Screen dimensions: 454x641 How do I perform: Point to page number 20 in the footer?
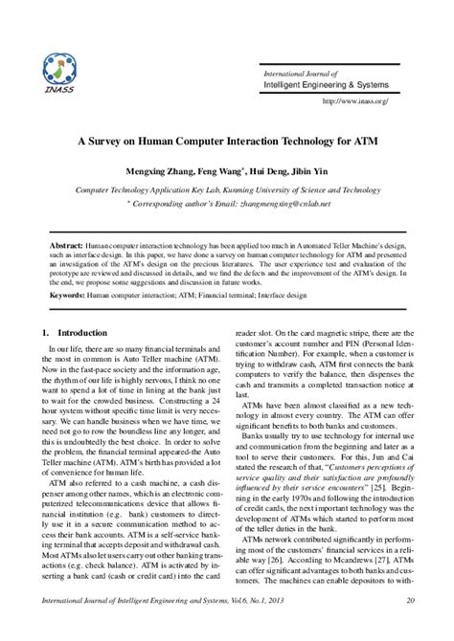point(410,626)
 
